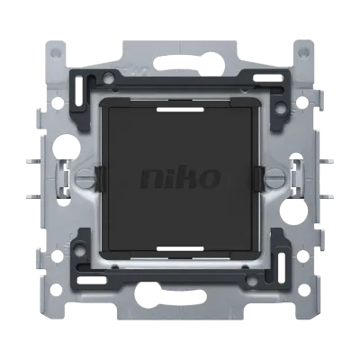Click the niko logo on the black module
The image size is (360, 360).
[x=180, y=178]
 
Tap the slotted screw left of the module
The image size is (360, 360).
[x=85, y=178]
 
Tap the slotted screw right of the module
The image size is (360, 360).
[x=274, y=178]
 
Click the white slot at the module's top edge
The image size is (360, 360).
[x=180, y=110]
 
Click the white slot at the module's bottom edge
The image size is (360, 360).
[x=180, y=248]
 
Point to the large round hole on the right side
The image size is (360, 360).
[x=292, y=211]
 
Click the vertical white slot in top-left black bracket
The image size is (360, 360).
[x=79, y=92]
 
